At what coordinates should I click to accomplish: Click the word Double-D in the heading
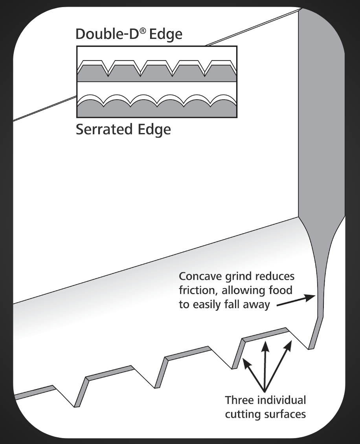(x=105, y=34)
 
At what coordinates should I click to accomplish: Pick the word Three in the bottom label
(x=239, y=400)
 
